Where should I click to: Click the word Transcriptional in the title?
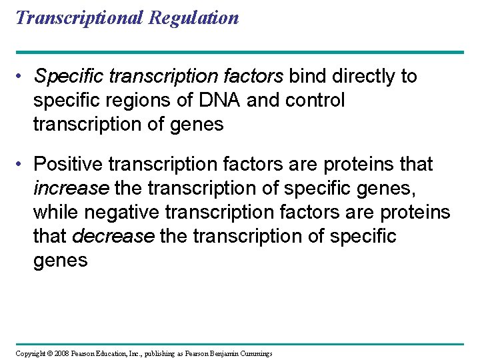point(79,17)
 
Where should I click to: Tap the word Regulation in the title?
point(194,17)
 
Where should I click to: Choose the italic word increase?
point(71,188)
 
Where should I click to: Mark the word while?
point(57,212)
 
